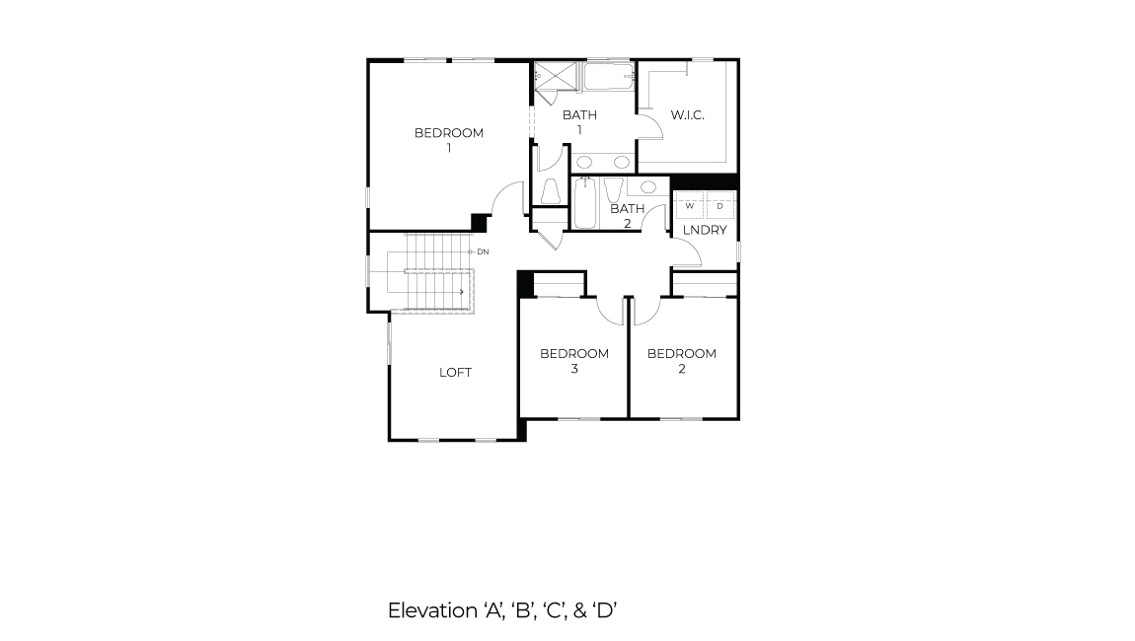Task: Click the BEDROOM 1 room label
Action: (448, 140)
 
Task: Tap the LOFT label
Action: (455, 372)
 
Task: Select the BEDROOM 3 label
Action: (573, 361)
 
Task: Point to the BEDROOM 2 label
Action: (681, 361)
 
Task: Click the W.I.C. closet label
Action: (687, 115)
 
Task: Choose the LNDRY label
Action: (705, 230)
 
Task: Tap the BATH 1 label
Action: (579, 122)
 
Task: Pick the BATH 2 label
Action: (627, 215)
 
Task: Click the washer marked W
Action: (689, 205)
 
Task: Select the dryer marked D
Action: (719, 205)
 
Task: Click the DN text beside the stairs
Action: (483, 252)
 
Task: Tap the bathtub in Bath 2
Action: (584, 203)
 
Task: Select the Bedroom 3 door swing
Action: (612, 310)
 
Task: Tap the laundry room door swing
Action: (687, 254)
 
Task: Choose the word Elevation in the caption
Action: (431, 610)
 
